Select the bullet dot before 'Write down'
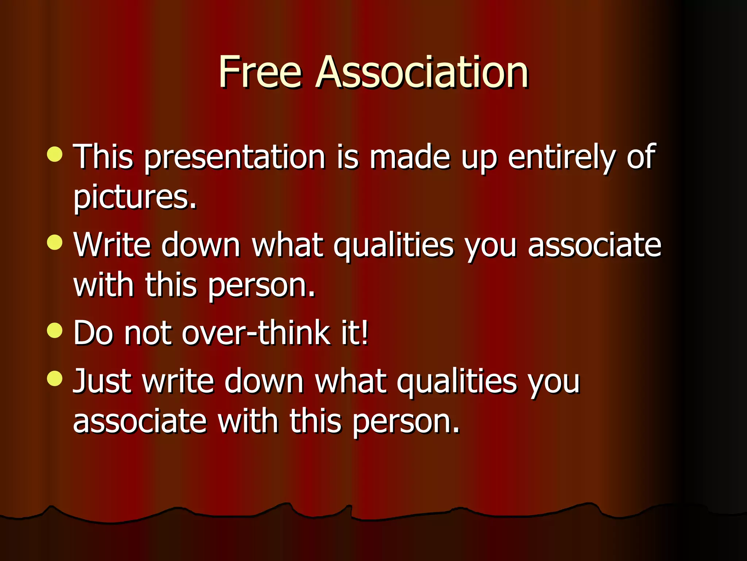pyautogui.click(x=55, y=242)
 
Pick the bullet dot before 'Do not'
pyautogui.click(x=55, y=330)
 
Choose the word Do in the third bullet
pyautogui.click(x=93, y=332)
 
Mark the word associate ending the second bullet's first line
pyautogui.click(x=595, y=245)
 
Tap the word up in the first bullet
pyautogui.click(x=479, y=159)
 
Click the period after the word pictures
pyautogui.click(x=193, y=207)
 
